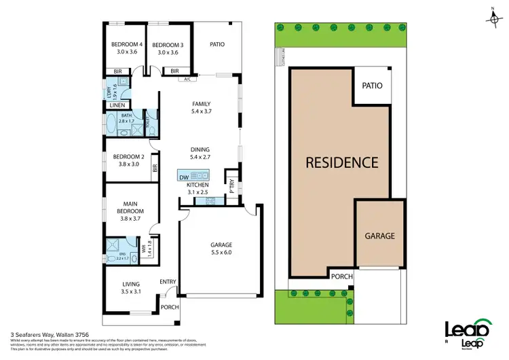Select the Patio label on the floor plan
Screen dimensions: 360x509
pos(216,45)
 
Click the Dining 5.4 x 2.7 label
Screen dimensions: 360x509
pos(200,154)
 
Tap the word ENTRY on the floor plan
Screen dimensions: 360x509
pos(167,282)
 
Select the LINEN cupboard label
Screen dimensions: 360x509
pos(117,105)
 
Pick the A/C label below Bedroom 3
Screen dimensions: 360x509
pos(187,79)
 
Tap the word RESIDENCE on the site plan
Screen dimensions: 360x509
pos(341,162)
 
